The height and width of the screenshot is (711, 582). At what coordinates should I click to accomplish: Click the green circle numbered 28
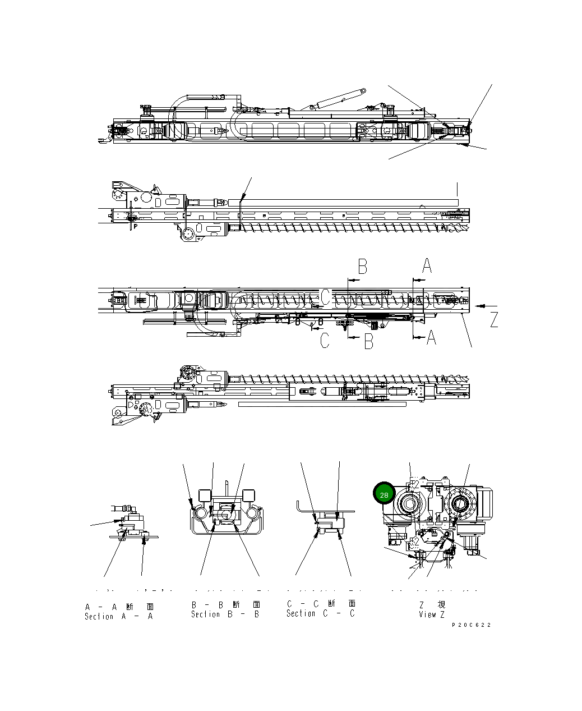(x=384, y=495)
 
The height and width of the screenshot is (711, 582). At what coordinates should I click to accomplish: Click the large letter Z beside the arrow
(x=493, y=320)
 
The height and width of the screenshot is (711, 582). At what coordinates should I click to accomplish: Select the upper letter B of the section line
(x=363, y=267)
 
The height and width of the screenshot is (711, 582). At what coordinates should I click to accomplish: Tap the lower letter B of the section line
(x=368, y=341)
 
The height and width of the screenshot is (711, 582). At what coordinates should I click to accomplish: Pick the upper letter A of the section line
(x=427, y=266)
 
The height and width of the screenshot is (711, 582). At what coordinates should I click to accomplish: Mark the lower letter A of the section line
(x=431, y=337)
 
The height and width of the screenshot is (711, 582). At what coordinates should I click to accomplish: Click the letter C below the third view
(x=325, y=341)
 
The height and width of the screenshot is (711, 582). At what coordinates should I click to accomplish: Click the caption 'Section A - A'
(x=118, y=616)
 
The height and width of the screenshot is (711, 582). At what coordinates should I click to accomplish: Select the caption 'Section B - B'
(x=225, y=614)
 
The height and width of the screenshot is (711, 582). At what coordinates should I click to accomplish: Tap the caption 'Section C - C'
(x=320, y=613)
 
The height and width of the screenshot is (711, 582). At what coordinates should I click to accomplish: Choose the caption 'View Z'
(x=432, y=614)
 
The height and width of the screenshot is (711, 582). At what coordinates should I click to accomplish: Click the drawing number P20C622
(x=472, y=625)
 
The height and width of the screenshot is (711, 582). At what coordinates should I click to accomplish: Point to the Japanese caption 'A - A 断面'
(x=119, y=607)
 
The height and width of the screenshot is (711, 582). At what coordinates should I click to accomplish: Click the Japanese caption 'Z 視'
(x=432, y=605)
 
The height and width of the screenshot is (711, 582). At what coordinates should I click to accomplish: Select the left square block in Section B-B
(x=204, y=495)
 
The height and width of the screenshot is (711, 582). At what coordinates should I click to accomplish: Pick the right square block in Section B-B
(x=249, y=495)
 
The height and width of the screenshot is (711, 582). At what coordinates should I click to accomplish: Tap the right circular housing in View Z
(x=460, y=504)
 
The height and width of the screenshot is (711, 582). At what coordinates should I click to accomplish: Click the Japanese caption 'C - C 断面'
(x=321, y=604)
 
